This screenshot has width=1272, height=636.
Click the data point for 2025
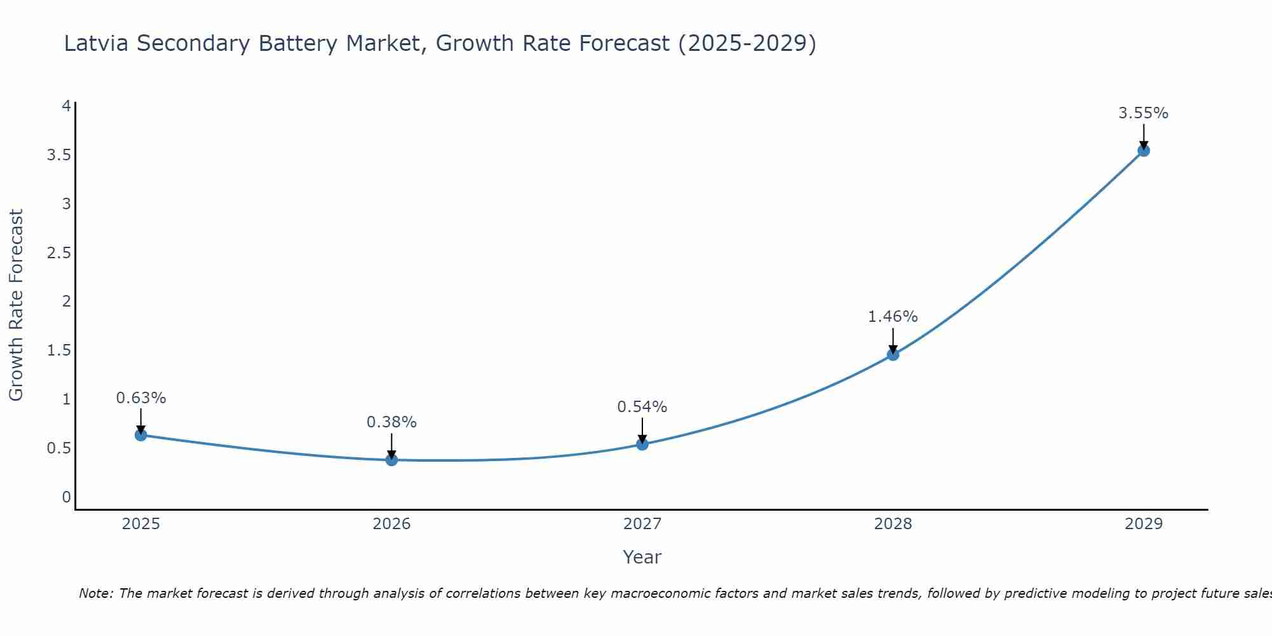pyautogui.click(x=141, y=435)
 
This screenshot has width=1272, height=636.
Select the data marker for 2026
pyautogui.click(x=392, y=460)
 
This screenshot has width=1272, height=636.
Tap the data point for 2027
pyautogui.click(x=642, y=444)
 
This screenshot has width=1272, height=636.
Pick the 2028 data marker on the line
pyautogui.click(x=893, y=354)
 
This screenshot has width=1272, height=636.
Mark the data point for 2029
pyautogui.click(x=1144, y=151)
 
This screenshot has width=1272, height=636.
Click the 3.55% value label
pyautogui.click(x=1144, y=113)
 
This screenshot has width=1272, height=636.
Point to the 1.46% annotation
pyautogui.click(x=893, y=317)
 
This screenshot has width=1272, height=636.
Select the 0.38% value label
pyautogui.click(x=392, y=422)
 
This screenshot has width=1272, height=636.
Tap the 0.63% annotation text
pyautogui.click(x=141, y=398)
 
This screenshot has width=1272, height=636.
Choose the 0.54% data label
pyautogui.click(x=642, y=407)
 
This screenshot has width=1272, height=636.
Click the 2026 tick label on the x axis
pyautogui.click(x=392, y=524)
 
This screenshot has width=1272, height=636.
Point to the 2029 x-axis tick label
pyautogui.click(x=1144, y=524)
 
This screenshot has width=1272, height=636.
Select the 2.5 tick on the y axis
pyautogui.click(x=59, y=253)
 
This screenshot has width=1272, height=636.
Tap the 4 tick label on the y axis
pyautogui.click(x=66, y=106)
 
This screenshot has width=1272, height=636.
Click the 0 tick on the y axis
pyautogui.click(x=66, y=497)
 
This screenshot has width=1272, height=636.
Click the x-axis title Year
pyautogui.click(x=642, y=557)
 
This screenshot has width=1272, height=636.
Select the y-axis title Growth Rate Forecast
pyautogui.click(x=16, y=305)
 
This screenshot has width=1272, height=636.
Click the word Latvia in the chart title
pyautogui.click(x=97, y=44)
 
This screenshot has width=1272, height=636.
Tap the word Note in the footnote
pyautogui.click(x=95, y=594)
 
